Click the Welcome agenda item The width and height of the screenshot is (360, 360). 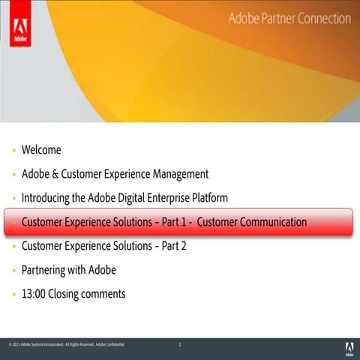41,150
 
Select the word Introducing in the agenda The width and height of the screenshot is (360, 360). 47,198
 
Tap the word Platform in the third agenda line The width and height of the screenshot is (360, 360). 207,198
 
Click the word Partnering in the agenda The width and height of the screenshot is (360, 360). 45,270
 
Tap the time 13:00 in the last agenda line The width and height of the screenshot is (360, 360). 34,294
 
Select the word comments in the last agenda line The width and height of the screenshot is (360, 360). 103,294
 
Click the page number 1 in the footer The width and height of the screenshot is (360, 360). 180,345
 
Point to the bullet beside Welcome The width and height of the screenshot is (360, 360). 13,151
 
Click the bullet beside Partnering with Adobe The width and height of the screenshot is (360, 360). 13,271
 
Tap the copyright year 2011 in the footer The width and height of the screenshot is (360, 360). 14,345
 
